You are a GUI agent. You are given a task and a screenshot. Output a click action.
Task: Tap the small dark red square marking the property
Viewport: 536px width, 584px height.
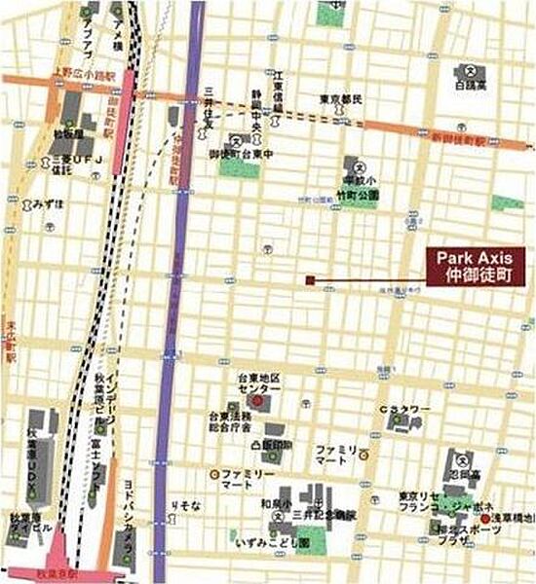(309, 280)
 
